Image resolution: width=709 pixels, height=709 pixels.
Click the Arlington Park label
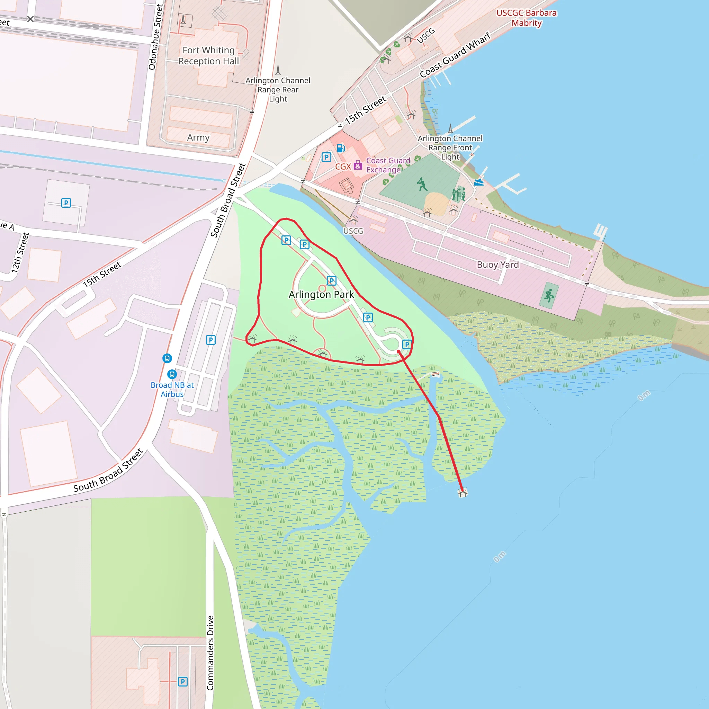[x=321, y=294]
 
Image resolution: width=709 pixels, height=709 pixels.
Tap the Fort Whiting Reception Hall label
[x=208, y=55]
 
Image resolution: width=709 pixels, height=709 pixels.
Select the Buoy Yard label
[x=497, y=264]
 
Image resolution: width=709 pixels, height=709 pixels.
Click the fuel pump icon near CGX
[x=341, y=148]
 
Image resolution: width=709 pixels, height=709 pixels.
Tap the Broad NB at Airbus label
[x=172, y=389]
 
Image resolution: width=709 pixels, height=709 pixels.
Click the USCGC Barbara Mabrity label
[x=526, y=18]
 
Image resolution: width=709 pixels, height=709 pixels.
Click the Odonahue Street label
[x=155, y=37]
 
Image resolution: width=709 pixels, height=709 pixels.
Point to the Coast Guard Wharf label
[x=455, y=55]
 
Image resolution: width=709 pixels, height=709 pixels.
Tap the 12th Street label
[x=20, y=252]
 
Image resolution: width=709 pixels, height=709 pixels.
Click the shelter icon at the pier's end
[x=463, y=493]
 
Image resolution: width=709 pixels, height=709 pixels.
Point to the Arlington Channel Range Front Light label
[x=450, y=147]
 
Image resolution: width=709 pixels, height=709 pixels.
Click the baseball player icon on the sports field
[x=422, y=184]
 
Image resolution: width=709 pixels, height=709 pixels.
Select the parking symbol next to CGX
[x=326, y=158]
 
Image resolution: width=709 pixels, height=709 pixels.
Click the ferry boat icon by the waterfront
[x=479, y=182]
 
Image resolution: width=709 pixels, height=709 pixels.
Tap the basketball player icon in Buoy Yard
[x=549, y=295]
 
